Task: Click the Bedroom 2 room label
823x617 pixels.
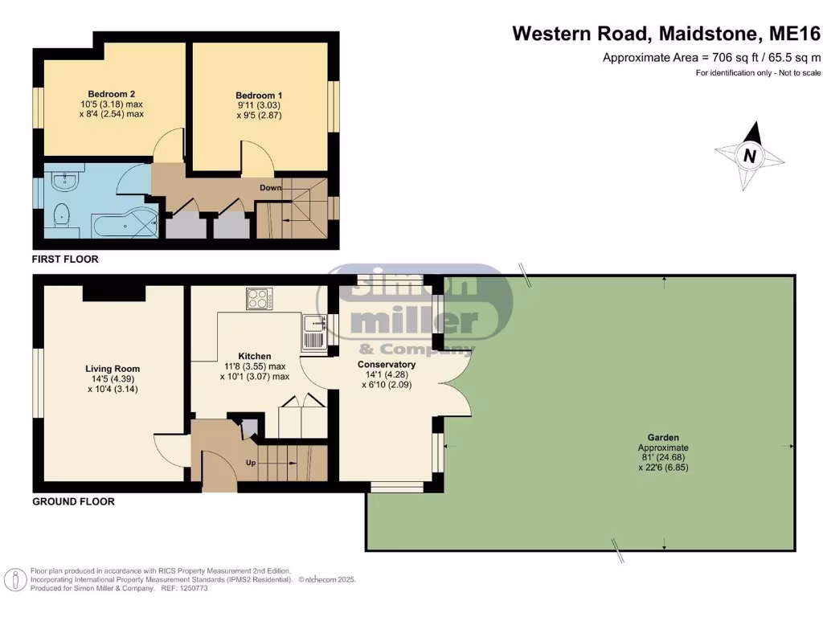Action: click(x=111, y=94)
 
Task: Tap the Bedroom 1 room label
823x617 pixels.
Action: click(x=259, y=96)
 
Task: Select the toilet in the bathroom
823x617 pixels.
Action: click(x=61, y=215)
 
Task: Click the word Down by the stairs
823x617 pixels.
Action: click(x=270, y=188)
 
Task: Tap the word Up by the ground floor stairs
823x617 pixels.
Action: click(x=251, y=463)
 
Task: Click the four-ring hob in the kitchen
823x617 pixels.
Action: click(x=260, y=299)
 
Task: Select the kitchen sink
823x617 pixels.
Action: click(x=314, y=333)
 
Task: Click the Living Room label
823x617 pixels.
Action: click(x=113, y=369)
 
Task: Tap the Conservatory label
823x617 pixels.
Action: click(x=387, y=365)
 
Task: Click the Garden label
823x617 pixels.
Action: click(x=663, y=438)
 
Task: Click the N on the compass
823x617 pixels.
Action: click(x=750, y=156)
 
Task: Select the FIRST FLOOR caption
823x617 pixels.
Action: click(x=65, y=259)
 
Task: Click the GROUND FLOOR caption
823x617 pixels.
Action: click(x=73, y=501)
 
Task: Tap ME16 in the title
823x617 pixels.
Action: click(x=794, y=34)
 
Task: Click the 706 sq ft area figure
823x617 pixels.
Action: click(x=735, y=58)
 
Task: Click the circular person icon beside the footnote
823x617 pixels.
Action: click(x=15, y=580)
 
